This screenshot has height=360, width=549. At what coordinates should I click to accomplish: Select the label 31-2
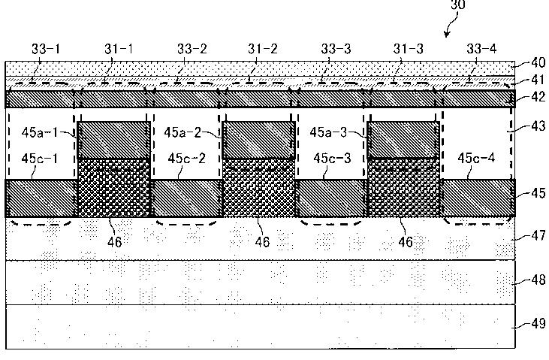click(x=263, y=49)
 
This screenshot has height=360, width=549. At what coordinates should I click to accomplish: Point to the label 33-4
click(x=483, y=49)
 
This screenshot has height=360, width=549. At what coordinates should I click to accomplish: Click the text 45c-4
click(x=475, y=158)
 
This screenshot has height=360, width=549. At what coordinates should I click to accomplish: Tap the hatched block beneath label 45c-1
click(x=41, y=198)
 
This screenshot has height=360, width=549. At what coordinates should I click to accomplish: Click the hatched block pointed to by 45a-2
click(x=258, y=139)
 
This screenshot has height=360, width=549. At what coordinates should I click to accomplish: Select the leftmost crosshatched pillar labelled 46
click(x=114, y=188)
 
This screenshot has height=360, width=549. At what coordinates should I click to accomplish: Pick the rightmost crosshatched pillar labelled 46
click(x=404, y=188)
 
